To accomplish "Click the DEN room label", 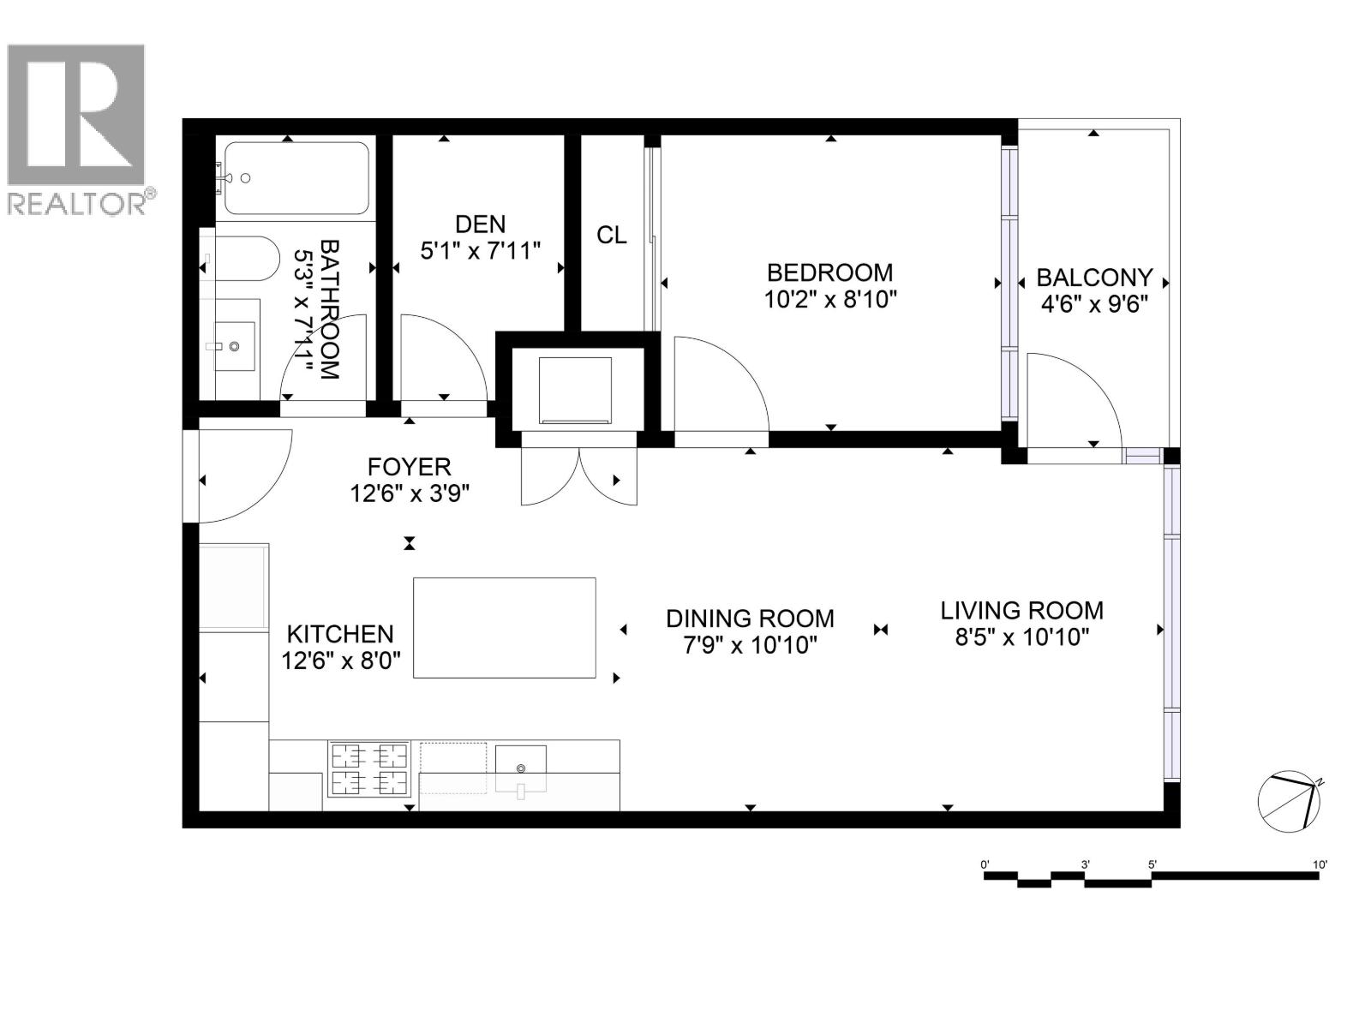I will [480, 224].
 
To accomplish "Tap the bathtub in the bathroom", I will [296, 178].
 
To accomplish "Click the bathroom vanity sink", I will [233, 346].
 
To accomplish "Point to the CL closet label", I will [611, 235].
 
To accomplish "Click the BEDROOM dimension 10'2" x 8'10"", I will [829, 300].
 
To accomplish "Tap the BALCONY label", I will [1093, 278].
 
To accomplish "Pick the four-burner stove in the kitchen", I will [369, 768].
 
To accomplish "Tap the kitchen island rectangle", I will [504, 628].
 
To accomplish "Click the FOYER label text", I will [409, 467].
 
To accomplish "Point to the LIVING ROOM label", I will [1021, 611].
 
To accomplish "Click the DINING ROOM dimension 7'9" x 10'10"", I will [750, 645].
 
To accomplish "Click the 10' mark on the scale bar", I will [1320, 865].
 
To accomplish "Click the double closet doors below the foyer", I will [579, 478].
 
